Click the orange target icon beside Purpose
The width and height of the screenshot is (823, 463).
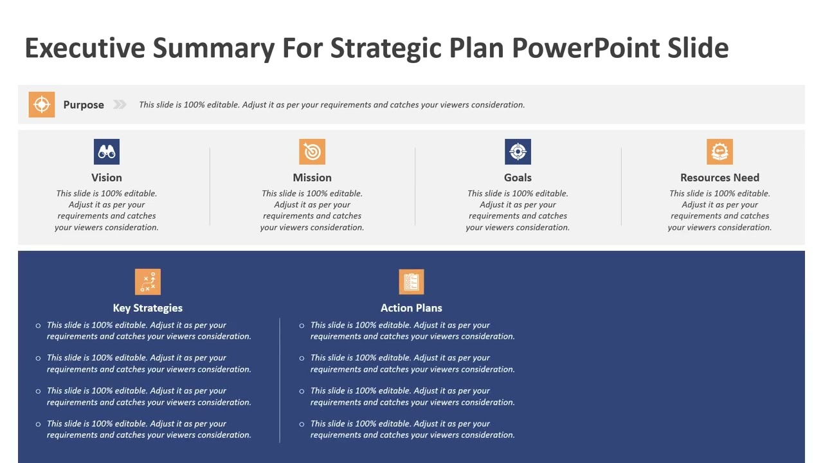(42, 105)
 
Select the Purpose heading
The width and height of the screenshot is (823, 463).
(84, 105)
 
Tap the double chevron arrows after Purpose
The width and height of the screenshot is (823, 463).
(120, 105)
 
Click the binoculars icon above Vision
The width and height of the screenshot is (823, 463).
(107, 152)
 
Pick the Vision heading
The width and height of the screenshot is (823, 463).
(107, 177)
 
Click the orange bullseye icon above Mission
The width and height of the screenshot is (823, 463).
(312, 152)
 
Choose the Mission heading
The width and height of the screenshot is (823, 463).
(312, 177)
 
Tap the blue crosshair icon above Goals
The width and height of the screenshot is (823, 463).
(518, 152)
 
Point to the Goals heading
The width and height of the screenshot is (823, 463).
(518, 177)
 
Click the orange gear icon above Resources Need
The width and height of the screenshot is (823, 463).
(719, 152)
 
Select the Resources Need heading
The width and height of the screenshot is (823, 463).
(719, 177)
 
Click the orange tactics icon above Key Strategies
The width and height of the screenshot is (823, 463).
(148, 282)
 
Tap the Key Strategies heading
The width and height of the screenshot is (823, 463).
(148, 308)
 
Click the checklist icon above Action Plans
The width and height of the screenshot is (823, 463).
(411, 282)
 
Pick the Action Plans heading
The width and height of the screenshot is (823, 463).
(411, 308)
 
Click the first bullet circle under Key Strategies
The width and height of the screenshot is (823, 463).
(39, 326)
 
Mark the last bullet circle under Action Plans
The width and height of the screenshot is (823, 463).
(302, 424)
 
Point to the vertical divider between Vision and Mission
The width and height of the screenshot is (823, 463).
(210, 186)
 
